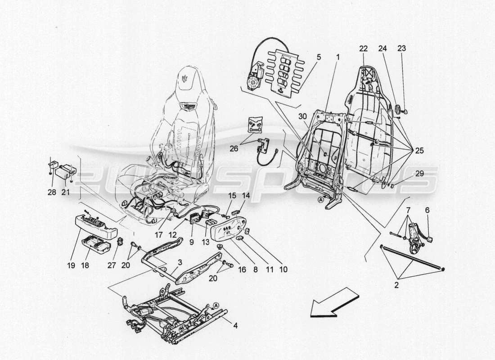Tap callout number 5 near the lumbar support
pyautogui.click(x=319, y=57)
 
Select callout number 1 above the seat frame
pyautogui.click(x=338, y=57)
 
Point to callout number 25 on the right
pyautogui.click(x=419, y=151)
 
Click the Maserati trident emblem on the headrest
pyautogui.click(x=185, y=77)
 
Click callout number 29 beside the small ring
pyautogui.click(x=419, y=174)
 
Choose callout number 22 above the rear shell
pyautogui.click(x=364, y=48)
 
